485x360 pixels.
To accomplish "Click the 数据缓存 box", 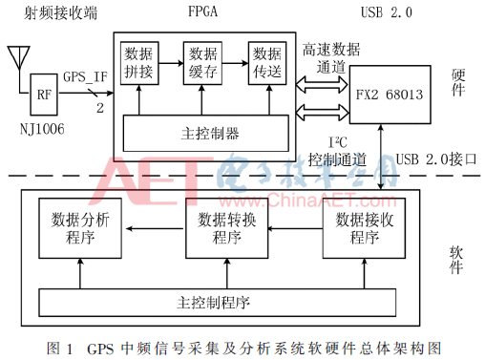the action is pyautogui.click(x=203, y=62).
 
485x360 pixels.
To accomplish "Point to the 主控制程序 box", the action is pyautogui.click(x=215, y=303).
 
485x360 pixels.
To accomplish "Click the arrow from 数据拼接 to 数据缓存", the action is pyautogui.click(x=173, y=62).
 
